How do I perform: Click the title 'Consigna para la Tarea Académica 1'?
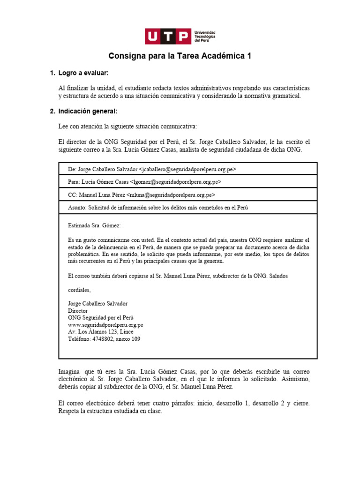[x=180, y=56]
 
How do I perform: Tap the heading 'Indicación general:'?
[x=88, y=112]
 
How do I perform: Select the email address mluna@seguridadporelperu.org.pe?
[x=172, y=195]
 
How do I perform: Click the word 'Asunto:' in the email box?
[x=77, y=207]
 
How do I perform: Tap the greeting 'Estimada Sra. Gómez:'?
[x=94, y=226]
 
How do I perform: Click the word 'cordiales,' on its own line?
[x=80, y=290]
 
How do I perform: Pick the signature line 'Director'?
[x=78, y=311]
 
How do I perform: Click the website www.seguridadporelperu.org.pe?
[x=105, y=324]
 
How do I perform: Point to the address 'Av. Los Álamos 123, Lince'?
[x=101, y=331]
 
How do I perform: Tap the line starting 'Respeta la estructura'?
[x=110, y=411]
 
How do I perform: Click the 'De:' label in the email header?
[x=72, y=169]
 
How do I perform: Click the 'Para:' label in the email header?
[x=74, y=182]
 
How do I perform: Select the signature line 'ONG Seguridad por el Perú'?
[x=101, y=317]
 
